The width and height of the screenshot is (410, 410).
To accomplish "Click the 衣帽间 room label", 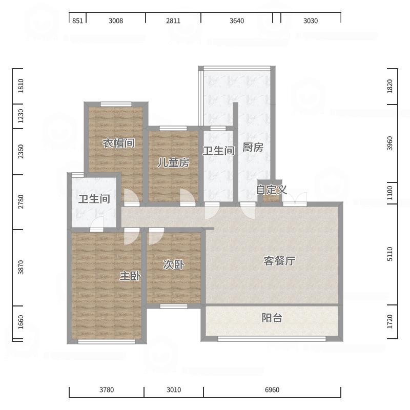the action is click(x=119, y=143).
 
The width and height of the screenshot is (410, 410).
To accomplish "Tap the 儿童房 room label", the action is click(x=173, y=162).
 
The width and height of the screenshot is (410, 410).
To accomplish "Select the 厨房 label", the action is click(x=253, y=147).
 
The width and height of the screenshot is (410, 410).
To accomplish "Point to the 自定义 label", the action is click(x=272, y=190).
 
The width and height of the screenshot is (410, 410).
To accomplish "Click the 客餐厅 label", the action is click(x=279, y=261).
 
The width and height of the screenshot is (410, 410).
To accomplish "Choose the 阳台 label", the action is click(x=272, y=318).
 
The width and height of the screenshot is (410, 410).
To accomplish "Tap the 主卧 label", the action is click(x=130, y=276).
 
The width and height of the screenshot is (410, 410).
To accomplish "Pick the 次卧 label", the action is click(x=174, y=264).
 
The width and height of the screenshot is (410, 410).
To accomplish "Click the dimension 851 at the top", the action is click(x=77, y=21).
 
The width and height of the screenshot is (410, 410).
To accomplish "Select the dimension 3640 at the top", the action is click(x=237, y=21).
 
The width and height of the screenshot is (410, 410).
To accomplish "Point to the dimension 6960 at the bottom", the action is click(x=272, y=390).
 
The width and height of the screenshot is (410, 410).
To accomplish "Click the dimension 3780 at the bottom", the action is click(x=107, y=390).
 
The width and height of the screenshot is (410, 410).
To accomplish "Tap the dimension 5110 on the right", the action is click(x=390, y=254).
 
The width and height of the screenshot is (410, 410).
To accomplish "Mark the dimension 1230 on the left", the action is click(x=20, y=116).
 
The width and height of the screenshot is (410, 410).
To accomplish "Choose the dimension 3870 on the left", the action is click(x=20, y=267).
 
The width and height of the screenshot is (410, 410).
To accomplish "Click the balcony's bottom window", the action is click(x=272, y=339).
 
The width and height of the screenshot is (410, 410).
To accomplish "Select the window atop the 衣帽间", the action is click(x=116, y=105).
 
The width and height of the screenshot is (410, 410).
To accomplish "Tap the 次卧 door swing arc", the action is click(x=157, y=237).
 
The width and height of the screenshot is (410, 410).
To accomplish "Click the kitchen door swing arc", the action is click(x=248, y=211).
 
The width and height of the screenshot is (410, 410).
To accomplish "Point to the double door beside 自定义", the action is click(x=295, y=197).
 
